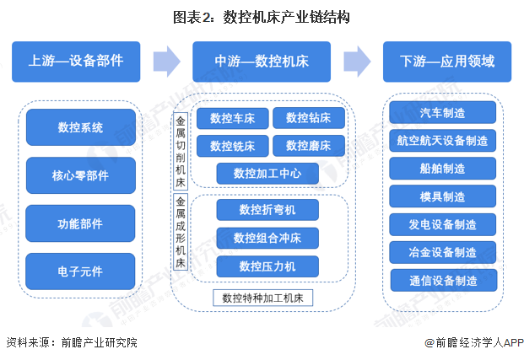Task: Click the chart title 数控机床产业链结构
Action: click(x=262, y=17)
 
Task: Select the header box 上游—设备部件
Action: click(x=76, y=61)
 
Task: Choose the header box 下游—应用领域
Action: click(x=446, y=61)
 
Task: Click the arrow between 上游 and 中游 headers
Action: click(x=167, y=61)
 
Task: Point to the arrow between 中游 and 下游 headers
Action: click(x=357, y=61)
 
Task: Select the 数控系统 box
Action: click(x=80, y=128)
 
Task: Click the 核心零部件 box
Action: click(x=80, y=176)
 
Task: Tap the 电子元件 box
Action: click(x=80, y=272)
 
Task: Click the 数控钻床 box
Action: click(x=308, y=118)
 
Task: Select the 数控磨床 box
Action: click(x=308, y=145)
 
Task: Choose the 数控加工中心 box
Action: click(x=267, y=174)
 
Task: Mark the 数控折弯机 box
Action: click(x=267, y=209)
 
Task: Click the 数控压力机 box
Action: click(x=267, y=266)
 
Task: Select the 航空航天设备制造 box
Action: click(x=442, y=140)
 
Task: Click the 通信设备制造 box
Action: click(x=442, y=281)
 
